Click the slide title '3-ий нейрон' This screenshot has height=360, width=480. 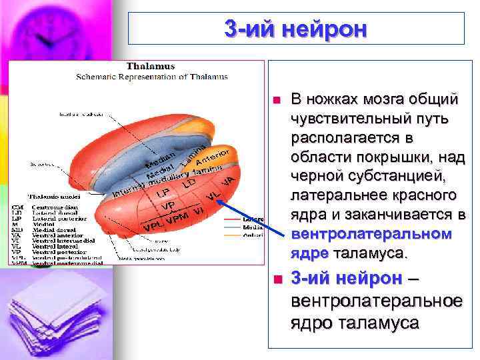pyautogui.click(x=295, y=29)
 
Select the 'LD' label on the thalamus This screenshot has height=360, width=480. pyautogui.click(x=190, y=182)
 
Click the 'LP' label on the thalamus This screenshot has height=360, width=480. pyautogui.click(x=162, y=193)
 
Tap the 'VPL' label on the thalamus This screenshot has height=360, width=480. pyautogui.click(x=153, y=228)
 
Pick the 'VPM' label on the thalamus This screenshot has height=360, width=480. pyautogui.click(x=177, y=219)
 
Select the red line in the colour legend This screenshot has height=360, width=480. pyautogui.click(x=233, y=219)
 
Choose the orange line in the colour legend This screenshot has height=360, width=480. pyautogui.click(x=233, y=234)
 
